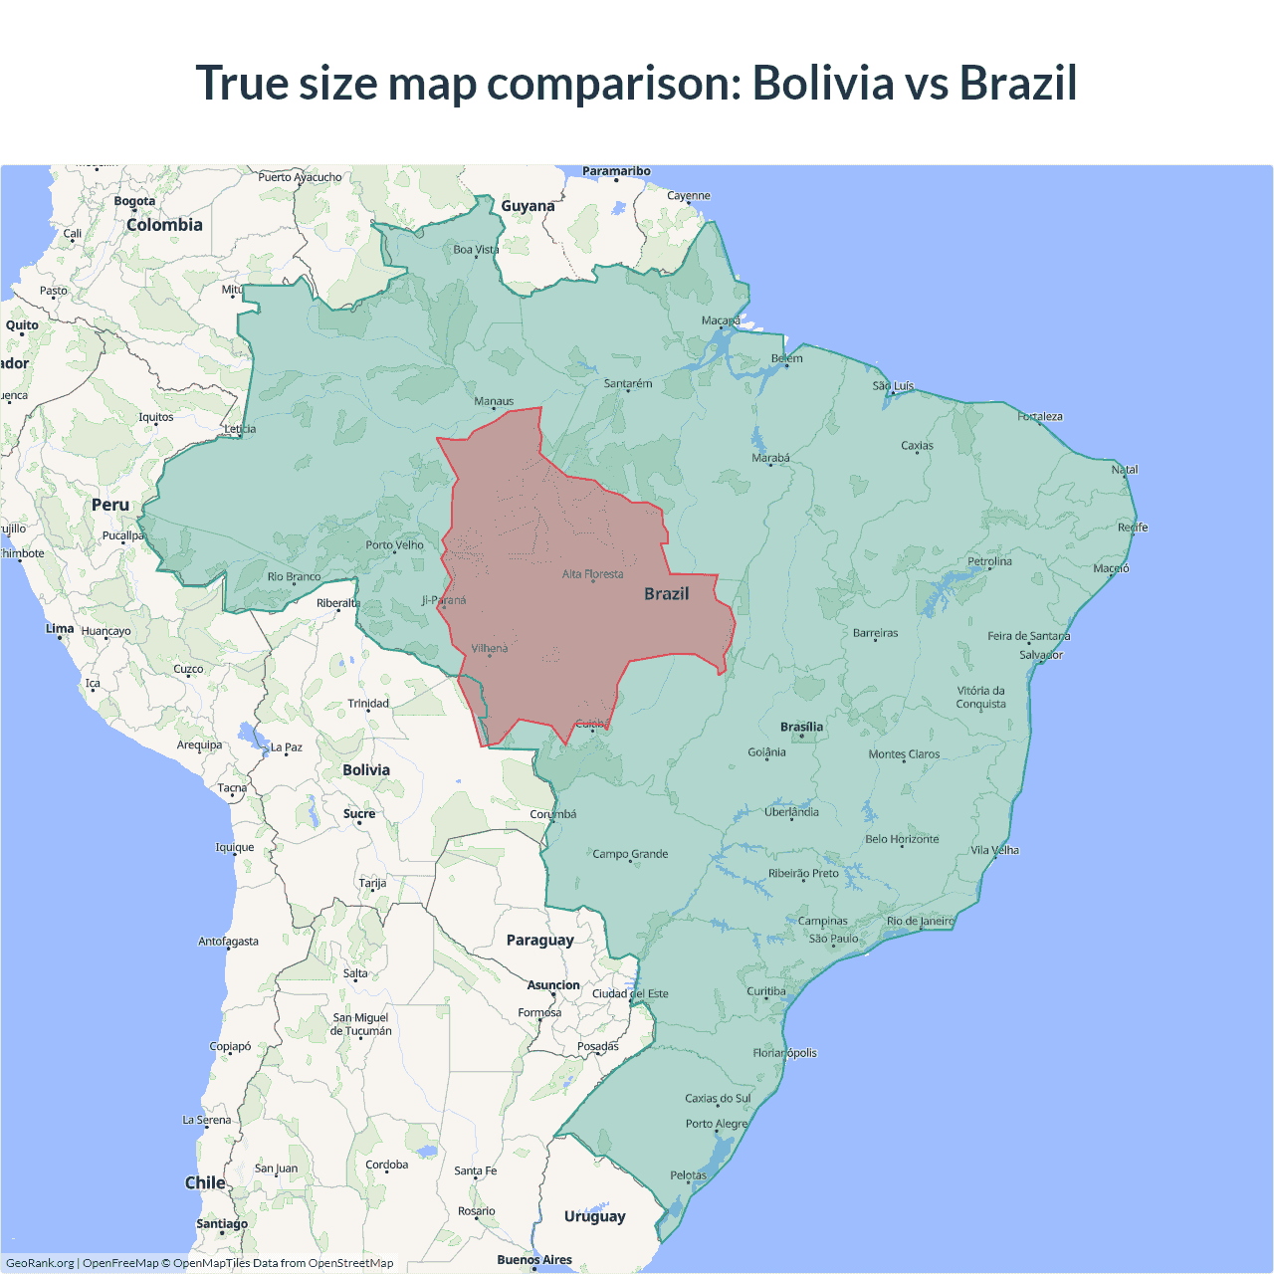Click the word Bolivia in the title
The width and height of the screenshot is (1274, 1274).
822,83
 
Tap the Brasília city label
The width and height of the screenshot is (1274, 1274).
801,727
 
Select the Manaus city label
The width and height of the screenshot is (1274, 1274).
494,401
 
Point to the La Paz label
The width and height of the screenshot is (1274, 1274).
287,747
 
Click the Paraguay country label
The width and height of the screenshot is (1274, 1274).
539,940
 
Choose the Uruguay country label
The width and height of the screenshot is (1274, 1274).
594,1216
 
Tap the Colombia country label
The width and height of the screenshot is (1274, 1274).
164,225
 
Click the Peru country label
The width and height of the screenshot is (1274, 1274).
110,505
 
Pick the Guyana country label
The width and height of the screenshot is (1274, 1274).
528,206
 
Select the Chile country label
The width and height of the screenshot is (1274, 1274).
205,1182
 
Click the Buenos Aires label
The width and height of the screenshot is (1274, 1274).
534,1259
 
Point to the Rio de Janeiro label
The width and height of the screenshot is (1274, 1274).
920,921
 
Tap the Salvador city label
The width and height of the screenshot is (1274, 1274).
1041,655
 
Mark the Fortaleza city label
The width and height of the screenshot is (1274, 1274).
1040,416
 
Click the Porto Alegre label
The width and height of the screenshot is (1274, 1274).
716,1124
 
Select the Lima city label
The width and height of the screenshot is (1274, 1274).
60,629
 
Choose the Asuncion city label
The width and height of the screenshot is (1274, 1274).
553,985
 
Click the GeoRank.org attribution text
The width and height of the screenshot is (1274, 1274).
40,1263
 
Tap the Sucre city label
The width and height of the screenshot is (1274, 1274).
359,813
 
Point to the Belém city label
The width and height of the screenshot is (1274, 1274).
786,358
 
